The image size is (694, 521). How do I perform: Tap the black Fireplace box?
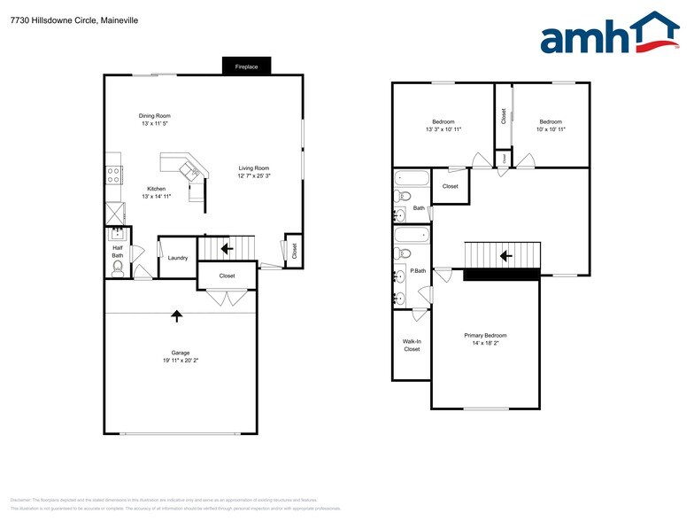coord(246,66)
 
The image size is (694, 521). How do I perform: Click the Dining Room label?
coord(154,116)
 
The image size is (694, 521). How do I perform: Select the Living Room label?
coord(253,168)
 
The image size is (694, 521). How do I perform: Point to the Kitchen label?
coord(157,189)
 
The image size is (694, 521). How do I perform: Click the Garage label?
coord(181,353)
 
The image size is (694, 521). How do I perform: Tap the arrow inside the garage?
coord(177,315)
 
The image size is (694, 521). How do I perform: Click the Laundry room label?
coord(178,258)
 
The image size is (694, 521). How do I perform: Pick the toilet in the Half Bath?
coord(118,265)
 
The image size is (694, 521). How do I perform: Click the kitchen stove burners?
coord(113,175)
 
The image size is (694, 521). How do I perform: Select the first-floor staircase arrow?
coord(226,249)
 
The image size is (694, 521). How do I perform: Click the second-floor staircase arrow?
coord(505,256)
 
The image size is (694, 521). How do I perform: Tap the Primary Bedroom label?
coord(485,335)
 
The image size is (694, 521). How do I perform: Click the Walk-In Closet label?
coord(412,345)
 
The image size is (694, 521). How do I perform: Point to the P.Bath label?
coord(418,270)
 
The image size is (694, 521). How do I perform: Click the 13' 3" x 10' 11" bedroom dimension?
coord(443,130)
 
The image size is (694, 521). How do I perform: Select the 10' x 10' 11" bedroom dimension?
coord(551,130)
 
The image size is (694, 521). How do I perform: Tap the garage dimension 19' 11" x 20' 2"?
coord(181,362)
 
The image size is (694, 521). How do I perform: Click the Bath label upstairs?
coord(418,208)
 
